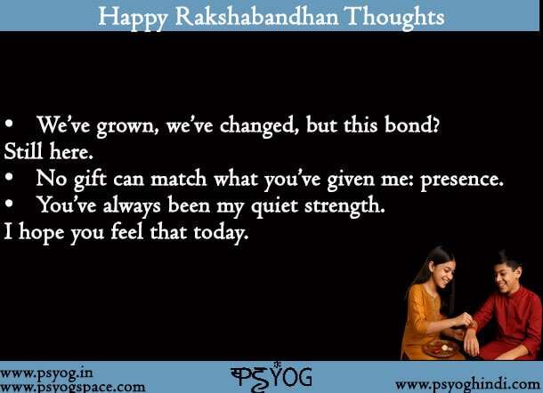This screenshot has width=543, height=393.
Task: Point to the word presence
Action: [x=460, y=179]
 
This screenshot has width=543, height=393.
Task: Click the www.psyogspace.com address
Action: [x=72, y=387]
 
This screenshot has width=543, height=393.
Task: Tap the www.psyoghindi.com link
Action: [x=466, y=383]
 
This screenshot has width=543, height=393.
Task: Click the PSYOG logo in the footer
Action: [x=271, y=376]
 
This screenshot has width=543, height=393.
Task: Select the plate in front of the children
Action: [x=442, y=347]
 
